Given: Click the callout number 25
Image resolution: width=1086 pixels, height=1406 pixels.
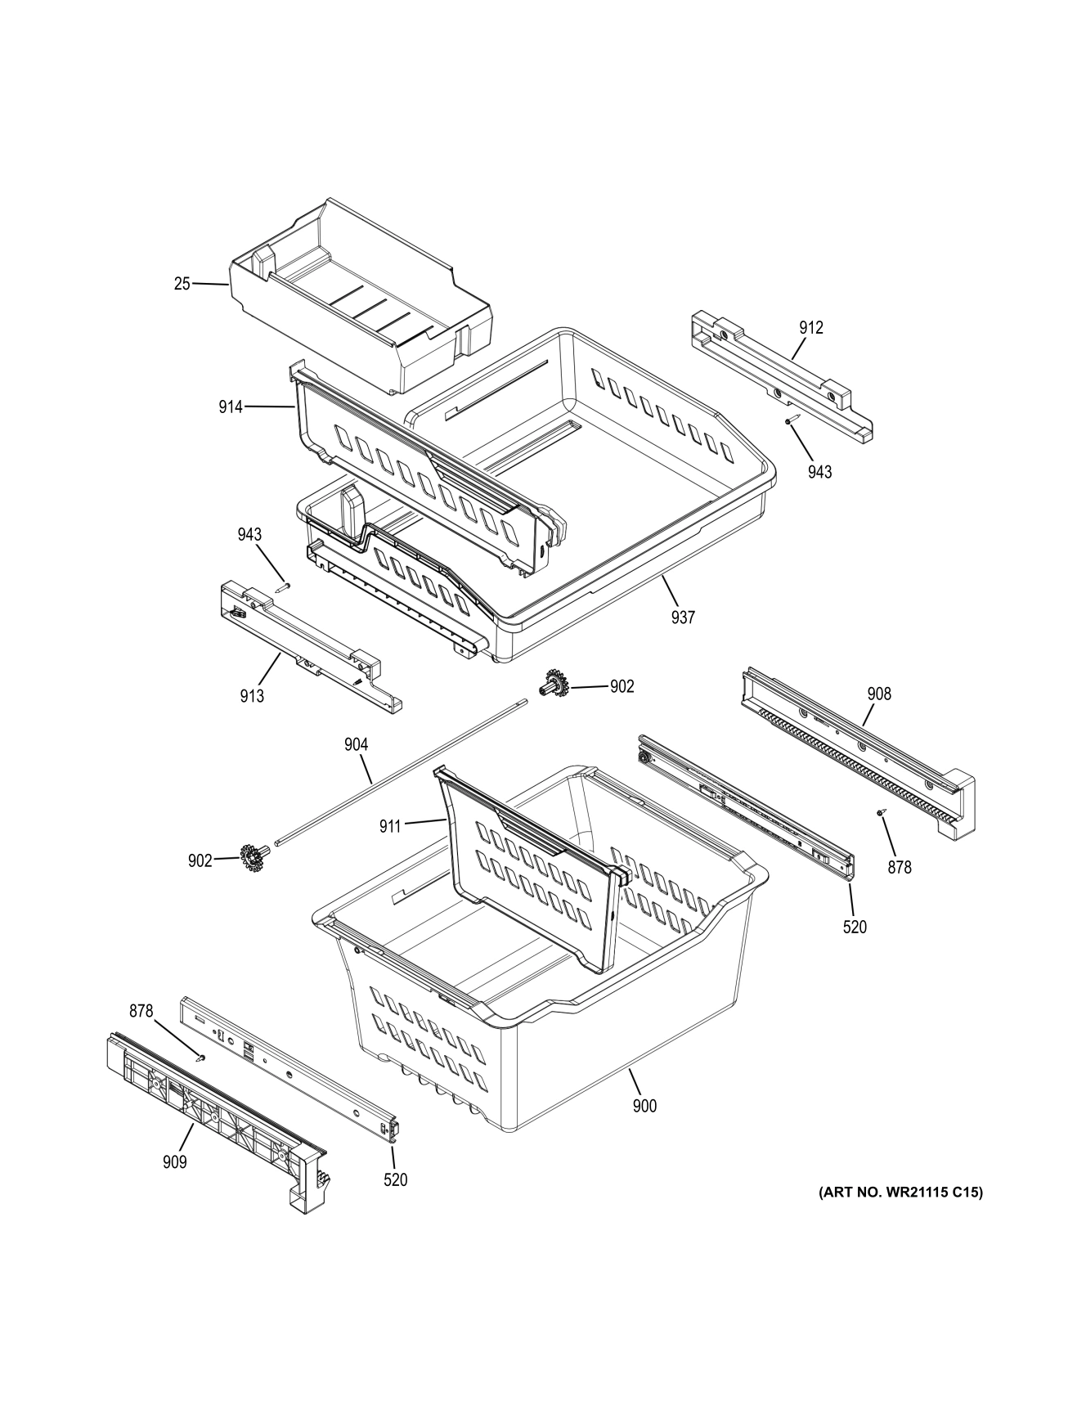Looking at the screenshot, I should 182,284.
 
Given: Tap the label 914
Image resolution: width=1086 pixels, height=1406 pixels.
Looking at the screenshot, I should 231,407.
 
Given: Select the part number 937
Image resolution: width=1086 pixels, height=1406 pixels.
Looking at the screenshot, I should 683,618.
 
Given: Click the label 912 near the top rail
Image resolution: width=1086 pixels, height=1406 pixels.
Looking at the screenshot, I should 811,328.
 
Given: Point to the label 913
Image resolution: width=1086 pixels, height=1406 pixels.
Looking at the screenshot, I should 252,696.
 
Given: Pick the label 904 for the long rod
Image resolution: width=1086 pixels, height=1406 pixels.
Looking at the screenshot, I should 356,744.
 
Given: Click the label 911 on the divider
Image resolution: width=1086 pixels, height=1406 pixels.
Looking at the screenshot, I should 389,826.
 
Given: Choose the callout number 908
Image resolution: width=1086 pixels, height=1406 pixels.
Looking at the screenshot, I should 879,694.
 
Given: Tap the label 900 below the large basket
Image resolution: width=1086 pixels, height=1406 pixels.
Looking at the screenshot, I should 644,1107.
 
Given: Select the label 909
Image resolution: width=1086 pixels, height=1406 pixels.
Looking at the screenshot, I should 174,1161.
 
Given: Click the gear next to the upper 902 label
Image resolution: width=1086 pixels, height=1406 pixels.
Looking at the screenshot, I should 554,684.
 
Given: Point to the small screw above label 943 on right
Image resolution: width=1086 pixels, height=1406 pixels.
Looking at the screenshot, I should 790,420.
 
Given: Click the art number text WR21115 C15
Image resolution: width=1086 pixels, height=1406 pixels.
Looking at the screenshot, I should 900,1193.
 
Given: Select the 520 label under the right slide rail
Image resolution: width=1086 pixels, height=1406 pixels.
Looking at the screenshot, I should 855,927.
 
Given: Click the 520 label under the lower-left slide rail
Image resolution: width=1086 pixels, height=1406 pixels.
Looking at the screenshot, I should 395,1179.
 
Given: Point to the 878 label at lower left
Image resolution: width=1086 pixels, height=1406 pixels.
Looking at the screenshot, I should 141,1011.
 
